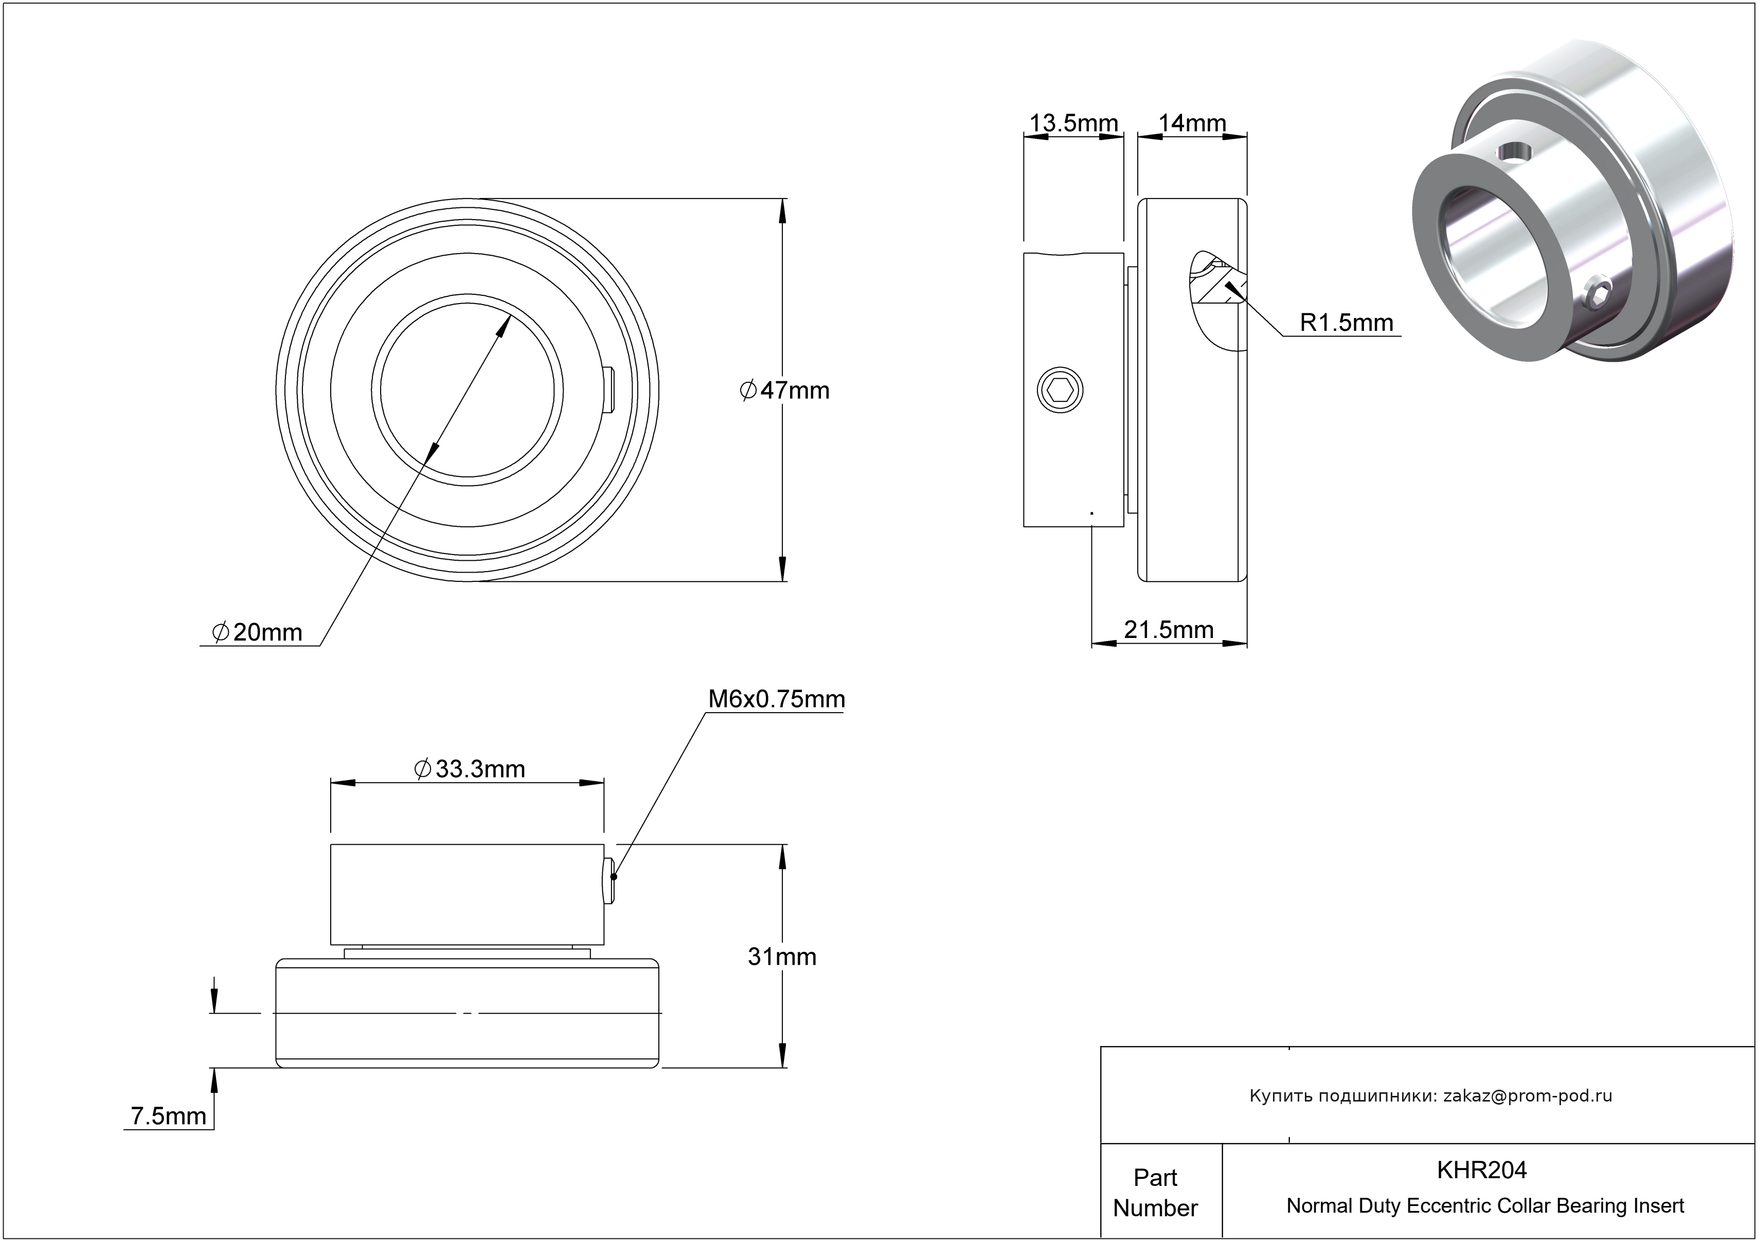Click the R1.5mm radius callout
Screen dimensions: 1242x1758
coord(1346,323)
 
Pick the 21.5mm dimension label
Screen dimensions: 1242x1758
coord(1169,629)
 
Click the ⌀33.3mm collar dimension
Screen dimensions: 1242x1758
coord(470,769)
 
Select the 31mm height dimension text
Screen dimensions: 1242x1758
coord(782,957)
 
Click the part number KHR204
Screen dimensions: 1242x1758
coord(1482,1170)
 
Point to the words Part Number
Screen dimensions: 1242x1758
coord(1155,1192)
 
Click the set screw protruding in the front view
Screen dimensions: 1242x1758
coord(609,391)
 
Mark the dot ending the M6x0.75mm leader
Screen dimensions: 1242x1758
coord(613,877)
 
